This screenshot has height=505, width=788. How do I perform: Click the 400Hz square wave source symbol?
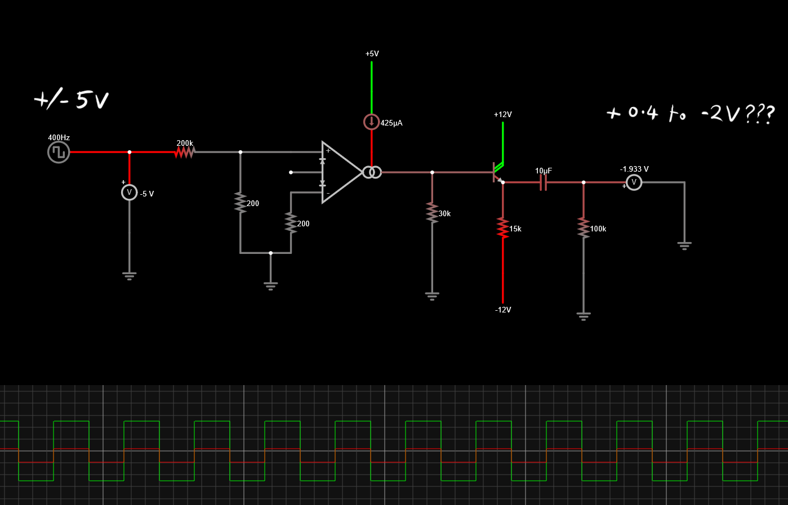59,152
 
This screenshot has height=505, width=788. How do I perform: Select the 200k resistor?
185,152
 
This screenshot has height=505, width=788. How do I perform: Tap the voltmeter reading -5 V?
129,193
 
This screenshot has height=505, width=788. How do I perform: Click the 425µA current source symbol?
372,122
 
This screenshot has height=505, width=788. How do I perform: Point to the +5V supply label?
372,54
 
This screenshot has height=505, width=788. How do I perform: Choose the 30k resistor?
432,213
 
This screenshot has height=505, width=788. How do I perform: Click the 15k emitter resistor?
502,228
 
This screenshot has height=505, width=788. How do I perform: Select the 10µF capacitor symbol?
544,182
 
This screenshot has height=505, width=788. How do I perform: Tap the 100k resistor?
584,228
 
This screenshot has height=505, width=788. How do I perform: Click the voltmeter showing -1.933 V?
634,182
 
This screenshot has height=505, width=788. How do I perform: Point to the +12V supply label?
502,115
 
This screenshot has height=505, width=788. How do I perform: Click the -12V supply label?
503,310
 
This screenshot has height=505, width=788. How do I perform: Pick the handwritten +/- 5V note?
72,100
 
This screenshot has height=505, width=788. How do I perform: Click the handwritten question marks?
760,114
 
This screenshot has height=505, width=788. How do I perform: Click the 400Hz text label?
59,137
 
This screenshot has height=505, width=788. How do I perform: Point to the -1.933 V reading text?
634,169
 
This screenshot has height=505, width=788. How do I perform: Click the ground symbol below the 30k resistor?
432,296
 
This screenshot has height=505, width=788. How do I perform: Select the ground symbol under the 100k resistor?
584,316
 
